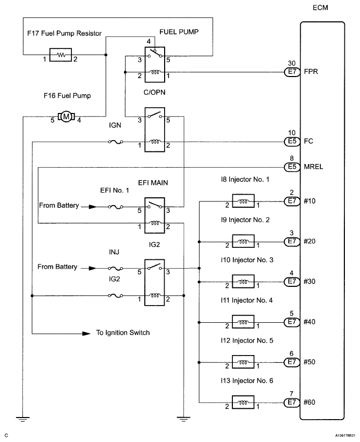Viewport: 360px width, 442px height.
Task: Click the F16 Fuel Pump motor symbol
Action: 66,116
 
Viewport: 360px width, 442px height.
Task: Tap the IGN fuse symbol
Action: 115,141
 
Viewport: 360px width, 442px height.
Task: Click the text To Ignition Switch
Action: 123,332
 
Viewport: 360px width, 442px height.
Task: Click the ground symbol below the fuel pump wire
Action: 23,416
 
